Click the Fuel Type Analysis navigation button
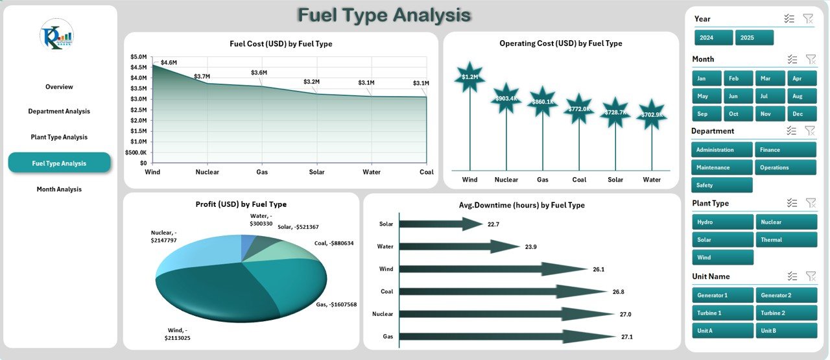tap(59, 163)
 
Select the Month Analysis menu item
tap(59, 189)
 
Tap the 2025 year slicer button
tap(754, 38)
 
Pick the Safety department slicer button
tap(722, 186)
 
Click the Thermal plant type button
tap(785, 240)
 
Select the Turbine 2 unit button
tap(785, 313)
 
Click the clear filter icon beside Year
tap(808, 19)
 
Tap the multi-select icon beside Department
tap(791, 130)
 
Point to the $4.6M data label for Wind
tap(169, 62)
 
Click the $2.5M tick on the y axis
tap(139, 110)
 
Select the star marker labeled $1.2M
tap(469, 77)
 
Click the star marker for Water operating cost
tap(652, 115)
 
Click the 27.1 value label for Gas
tap(628, 337)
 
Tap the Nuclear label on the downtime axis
tap(383, 314)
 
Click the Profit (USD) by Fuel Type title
tap(241, 204)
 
